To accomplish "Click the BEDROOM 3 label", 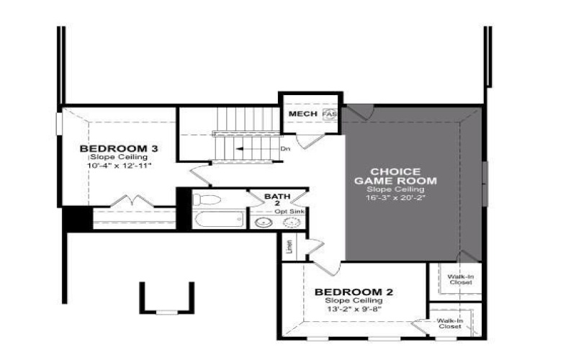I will (119, 149).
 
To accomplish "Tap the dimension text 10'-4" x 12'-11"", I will (119, 166).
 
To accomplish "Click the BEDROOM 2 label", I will (354, 292).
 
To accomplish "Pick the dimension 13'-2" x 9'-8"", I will (354, 309).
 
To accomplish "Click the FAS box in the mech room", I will (329, 114).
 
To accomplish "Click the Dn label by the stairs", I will (285, 149).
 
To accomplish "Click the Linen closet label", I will (289, 246).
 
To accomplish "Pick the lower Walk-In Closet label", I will (450, 323).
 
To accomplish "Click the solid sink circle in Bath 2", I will (264, 222).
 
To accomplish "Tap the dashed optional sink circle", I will (293, 222).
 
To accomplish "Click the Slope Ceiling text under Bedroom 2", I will (353, 300).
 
